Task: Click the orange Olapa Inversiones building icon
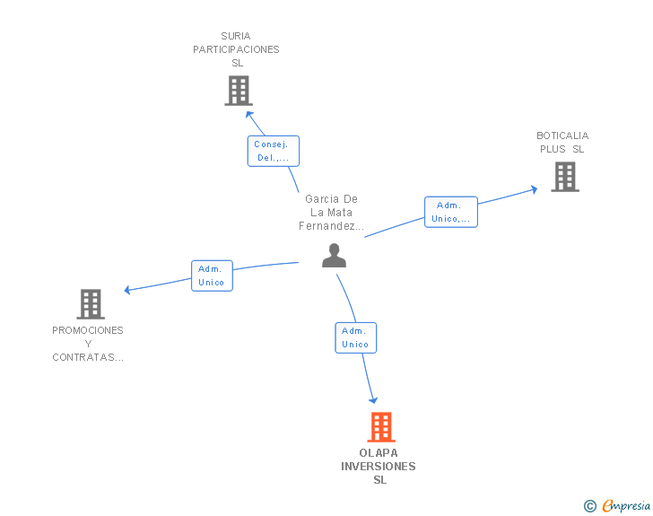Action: (x=381, y=427)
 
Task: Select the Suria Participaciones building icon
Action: (x=238, y=91)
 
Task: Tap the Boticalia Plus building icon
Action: (x=564, y=177)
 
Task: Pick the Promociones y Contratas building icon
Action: (x=91, y=304)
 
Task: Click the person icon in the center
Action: (x=334, y=257)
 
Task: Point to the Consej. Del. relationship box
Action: (x=273, y=151)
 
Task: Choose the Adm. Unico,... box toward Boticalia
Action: (x=450, y=212)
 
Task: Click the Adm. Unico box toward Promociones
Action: (x=212, y=275)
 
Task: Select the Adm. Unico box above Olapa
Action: (x=355, y=337)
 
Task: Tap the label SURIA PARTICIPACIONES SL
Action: (x=236, y=49)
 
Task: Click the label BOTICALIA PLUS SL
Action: (x=562, y=143)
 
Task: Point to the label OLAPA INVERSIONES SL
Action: (x=379, y=466)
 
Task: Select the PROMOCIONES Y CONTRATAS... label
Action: (x=88, y=344)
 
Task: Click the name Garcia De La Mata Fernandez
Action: (x=331, y=213)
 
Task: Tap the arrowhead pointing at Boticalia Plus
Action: (x=534, y=188)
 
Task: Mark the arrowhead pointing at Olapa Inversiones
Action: (x=373, y=400)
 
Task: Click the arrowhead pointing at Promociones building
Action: (x=128, y=290)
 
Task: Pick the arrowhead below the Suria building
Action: (x=248, y=114)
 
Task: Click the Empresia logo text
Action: (x=626, y=506)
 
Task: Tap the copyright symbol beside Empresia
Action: (x=589, y=506)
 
